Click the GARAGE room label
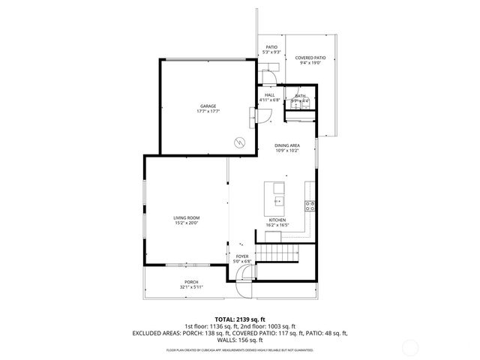click(x=207, y=106)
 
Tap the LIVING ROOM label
click(x=187, y=217)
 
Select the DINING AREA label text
click(x=288, y=145)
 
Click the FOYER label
click(x=242, y=256)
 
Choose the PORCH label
click(x=192, y=282)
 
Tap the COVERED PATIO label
click(x=310, y=58)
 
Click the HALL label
click(x=269, y=94)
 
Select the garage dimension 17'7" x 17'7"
click(x=207, y=111)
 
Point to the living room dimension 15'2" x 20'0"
click(x=187, y=223)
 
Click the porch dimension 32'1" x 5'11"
click(x=192, y=287)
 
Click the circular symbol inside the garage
click(x=240, y=142)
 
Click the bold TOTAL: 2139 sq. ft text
click(x=239, y=319)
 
